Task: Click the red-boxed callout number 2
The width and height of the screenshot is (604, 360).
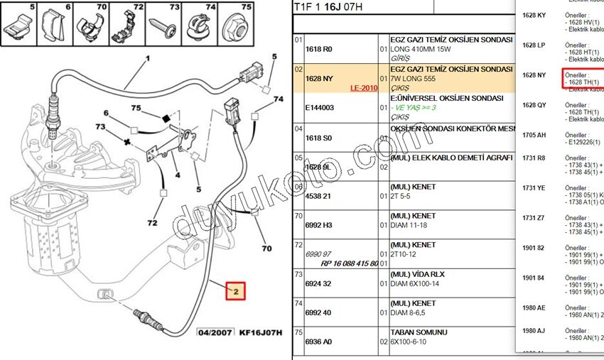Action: click(x=235, y=290)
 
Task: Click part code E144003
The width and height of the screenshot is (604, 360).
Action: click(x=319, y=107)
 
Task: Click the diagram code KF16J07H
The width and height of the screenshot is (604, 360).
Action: click(x=261, y=332)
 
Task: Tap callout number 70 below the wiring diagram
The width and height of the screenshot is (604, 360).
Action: click(x=266, y=249)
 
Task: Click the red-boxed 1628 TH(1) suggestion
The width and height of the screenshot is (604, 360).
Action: click(x=583, y=82)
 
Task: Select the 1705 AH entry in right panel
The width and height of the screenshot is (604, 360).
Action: click(x=534, y=135)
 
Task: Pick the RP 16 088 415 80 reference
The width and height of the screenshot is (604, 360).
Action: click(x=350, y=263)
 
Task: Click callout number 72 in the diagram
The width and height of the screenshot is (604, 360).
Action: click(x=151, y=223)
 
